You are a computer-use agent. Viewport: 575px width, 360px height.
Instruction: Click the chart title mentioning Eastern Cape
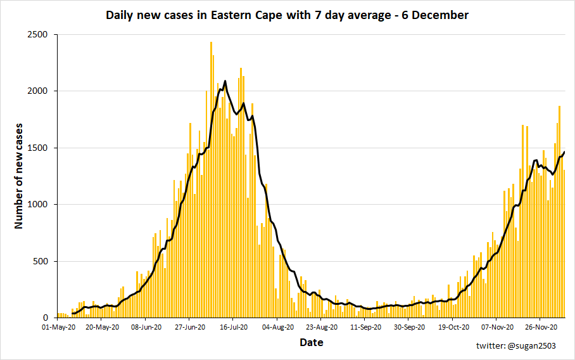coord(287,15)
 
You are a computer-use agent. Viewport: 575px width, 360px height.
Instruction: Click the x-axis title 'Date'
coord(311,343)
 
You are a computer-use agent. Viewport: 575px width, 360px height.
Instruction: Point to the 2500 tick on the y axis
coord(39,35)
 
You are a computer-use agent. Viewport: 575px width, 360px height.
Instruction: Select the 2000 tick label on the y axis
coord(39,91)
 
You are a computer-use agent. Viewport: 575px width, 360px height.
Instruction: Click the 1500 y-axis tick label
coord(39,148)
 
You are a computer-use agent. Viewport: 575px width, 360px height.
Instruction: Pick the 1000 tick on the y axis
coord(39,205)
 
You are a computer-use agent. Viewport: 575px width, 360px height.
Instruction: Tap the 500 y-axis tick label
coord(42,261)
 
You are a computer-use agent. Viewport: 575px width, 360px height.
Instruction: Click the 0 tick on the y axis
coord(47,318)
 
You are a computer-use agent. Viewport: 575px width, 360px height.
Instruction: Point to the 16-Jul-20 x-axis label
coord(233,328)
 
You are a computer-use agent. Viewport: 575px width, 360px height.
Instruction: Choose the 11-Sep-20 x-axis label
coord(365,328)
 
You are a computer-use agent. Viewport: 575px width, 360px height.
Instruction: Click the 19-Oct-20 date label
coord(452,328)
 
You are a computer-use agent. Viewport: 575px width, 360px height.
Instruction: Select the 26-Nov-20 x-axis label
coord(540,328)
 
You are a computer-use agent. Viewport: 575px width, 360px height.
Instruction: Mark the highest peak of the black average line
coord(225,81)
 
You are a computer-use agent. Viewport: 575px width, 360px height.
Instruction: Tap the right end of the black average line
coord(564,151)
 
